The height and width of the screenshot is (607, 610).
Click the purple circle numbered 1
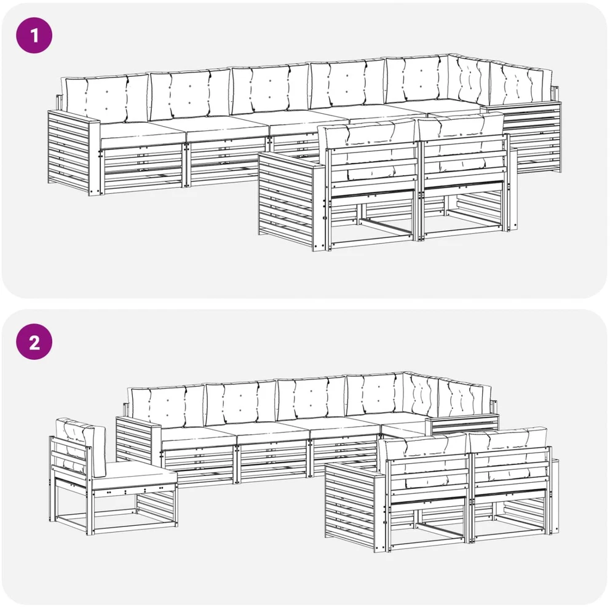(34, 36)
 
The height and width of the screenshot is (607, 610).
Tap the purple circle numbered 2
(34, 342)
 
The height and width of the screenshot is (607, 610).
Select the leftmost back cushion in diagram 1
(105, 98)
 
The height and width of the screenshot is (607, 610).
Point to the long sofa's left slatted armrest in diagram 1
(73, 153)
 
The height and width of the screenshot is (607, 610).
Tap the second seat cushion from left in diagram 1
(228, 129)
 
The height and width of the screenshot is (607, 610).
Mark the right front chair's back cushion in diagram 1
(461, 142)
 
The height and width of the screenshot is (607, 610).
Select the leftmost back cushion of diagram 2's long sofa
(167, 407)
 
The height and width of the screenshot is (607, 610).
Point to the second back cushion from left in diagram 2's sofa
(240, 403)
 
